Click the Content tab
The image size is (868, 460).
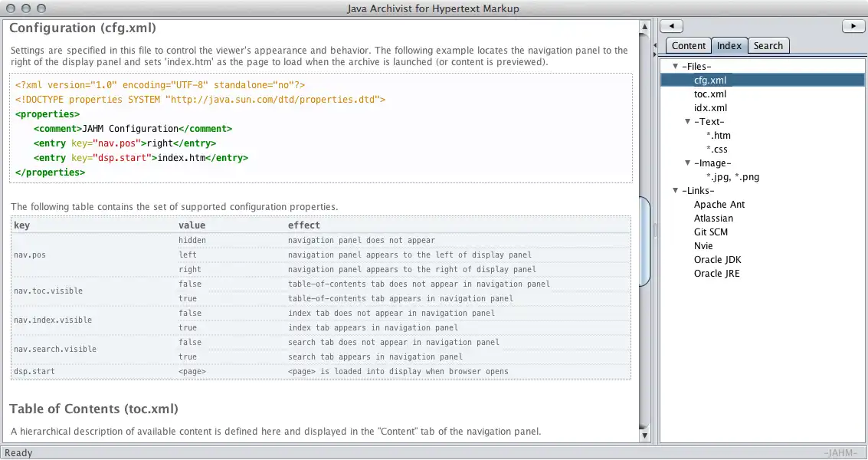point(689,46)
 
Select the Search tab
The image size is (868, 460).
point(768,46)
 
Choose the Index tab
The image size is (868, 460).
point(729,46)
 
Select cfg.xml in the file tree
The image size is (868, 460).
point(711,80)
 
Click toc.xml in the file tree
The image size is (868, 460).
point(710,94)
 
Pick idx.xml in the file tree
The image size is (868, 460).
point(710,108)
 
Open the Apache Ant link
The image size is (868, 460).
point(719,205)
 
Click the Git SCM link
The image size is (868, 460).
point(711,232)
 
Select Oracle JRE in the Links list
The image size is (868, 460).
point(716,274)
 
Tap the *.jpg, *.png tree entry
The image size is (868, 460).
point(732,177)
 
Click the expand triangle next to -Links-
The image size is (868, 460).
point(675,191)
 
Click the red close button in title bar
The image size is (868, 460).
point(10,8)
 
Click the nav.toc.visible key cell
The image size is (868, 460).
point(48,291)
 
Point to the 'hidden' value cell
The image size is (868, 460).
point(192,240)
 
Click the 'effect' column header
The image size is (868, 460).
point(303,225)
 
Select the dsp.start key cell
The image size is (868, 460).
point(34,372)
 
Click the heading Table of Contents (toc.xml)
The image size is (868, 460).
point(93,409)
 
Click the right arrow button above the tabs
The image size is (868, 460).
point(853,26)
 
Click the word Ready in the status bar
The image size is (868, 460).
point(19,453)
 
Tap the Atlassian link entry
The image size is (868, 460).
point(713,219)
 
